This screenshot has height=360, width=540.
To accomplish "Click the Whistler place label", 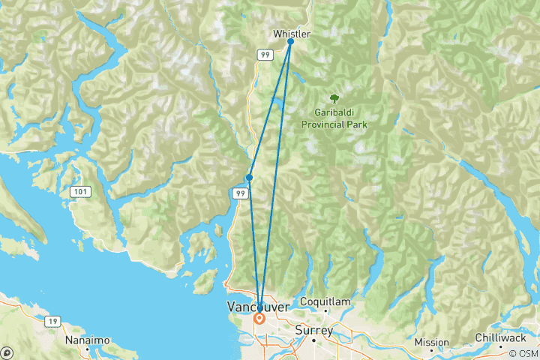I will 291,34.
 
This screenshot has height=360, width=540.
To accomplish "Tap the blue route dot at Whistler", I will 290,42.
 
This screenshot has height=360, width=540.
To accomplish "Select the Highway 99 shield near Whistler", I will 265,55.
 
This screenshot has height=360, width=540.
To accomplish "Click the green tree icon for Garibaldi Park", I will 333,98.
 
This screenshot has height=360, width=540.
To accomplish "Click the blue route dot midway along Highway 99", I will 249,178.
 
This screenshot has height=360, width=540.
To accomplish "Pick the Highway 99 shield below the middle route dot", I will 239,193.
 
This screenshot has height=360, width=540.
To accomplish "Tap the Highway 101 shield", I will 79,193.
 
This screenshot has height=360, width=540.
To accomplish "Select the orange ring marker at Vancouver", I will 259,318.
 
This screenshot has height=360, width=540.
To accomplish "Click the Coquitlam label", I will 325,301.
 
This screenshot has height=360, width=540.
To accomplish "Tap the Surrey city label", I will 314,328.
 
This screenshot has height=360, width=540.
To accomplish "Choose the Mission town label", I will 432,343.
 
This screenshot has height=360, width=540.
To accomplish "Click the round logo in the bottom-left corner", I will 7,352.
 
